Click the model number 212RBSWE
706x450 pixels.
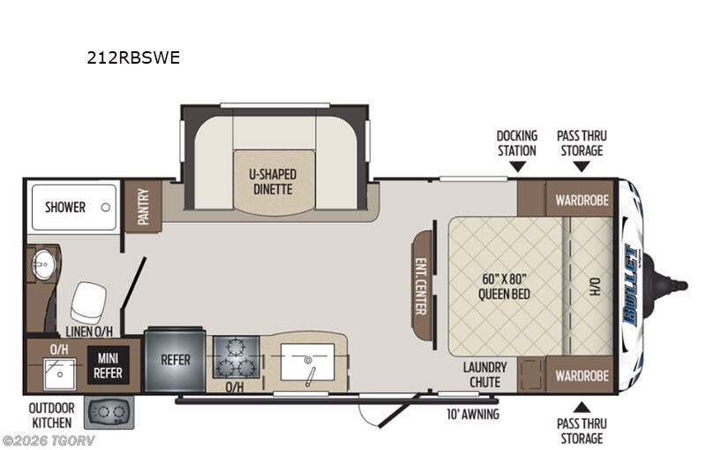[x=133, y=57]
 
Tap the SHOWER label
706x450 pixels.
[x=65, y=208]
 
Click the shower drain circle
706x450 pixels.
[x=106, y=208]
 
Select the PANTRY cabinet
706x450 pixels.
[x=143, y=206]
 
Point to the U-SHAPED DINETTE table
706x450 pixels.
[x=273, y=182]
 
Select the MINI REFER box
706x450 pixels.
[x=108, y=365]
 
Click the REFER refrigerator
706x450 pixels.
[x=175, y=361]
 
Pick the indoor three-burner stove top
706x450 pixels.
[x=236, y=356]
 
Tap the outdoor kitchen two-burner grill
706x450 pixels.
[x=109, y=412]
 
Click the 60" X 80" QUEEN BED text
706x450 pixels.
[x=504, y=286]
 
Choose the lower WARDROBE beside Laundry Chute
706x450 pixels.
[x=582, y=375]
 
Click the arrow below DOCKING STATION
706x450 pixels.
[x=517, y=167]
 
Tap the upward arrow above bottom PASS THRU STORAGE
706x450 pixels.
[x=582, y=408]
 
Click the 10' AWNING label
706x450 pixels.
[x=473, y=414]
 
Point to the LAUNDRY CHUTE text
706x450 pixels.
[x=484, y=375]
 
